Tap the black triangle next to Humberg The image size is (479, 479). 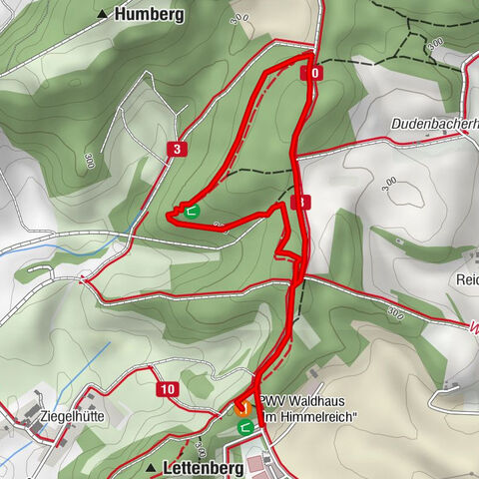(x=103, y=15)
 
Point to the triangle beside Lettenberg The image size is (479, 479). (x=151, y=468)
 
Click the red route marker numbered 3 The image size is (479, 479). (x=177, y=150)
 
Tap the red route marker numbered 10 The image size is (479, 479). (x=167, y=389)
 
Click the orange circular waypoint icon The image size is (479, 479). (x=240, y=406)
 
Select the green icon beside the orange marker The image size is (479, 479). (x=245, y=426)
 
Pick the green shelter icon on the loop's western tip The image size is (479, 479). (x=191, y=211)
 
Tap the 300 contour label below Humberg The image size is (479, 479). (x=238, y=18)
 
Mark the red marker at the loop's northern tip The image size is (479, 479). (x=311, y=73)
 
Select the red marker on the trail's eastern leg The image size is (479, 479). (x=302, y=203)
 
